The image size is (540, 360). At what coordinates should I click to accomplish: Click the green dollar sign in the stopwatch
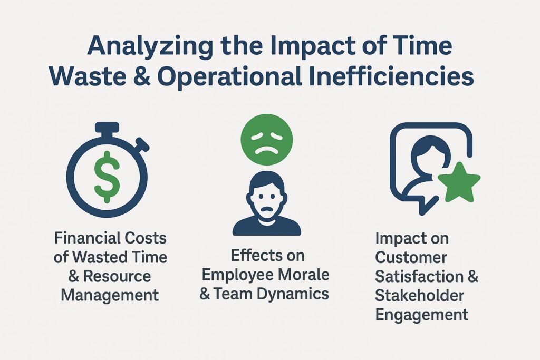tap(107, 177)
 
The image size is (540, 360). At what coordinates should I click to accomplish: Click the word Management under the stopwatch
tap(110, 294)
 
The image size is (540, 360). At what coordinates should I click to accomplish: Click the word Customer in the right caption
tap(411, 258)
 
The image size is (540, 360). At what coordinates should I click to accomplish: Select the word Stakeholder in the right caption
tap(420, 296)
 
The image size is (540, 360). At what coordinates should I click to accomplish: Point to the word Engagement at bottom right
tap(421, 315)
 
